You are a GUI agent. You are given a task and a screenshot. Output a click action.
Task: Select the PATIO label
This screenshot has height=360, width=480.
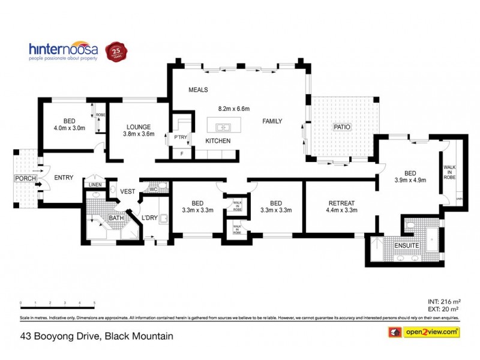[342, 127]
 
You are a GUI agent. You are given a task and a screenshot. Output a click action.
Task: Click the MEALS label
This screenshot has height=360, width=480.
[198, 89]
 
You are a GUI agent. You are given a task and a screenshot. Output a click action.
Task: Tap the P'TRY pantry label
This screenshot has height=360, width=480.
[181, 137]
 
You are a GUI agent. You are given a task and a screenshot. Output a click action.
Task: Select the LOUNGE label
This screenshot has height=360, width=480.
[138, 127]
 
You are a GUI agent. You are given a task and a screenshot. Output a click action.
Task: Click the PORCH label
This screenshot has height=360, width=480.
[26, 178]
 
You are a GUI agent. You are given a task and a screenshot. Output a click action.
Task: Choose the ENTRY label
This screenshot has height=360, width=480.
[64, 178]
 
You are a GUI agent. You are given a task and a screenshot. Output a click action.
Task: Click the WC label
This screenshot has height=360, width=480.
[152, 190]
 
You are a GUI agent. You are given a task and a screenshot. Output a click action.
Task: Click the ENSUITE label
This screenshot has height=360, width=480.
[406, 245]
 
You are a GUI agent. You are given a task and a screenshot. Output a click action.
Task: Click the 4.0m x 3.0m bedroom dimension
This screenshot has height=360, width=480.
[70, 127]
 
